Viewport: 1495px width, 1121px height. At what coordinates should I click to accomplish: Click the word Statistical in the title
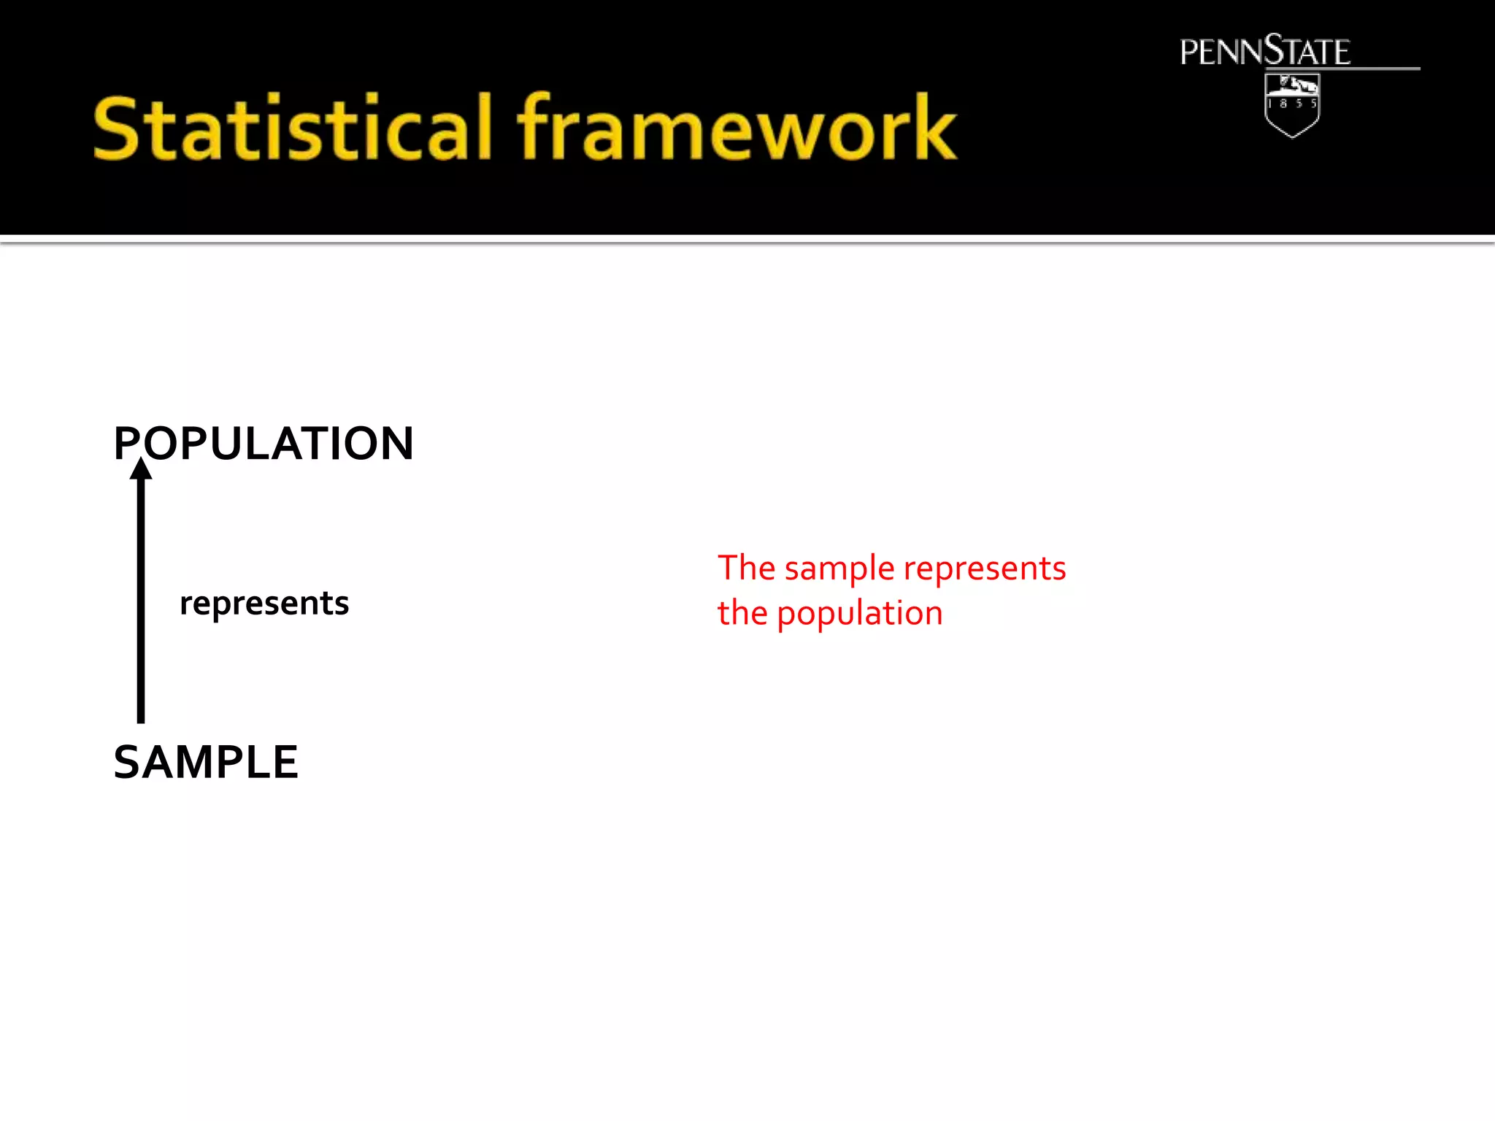(x=292, y=129)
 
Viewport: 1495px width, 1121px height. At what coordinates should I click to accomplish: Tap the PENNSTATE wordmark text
(x=1264, y=52)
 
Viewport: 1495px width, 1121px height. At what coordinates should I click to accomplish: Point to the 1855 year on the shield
(x=1292, y=104)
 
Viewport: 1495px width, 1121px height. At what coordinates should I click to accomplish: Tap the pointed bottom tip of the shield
(x=1292, y=136)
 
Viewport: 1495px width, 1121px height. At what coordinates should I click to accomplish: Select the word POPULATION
(x=264, y=444)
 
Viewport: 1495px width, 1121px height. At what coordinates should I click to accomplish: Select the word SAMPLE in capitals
(x=206, y=763)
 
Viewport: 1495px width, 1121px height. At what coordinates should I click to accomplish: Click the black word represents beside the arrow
(x=264, y=604)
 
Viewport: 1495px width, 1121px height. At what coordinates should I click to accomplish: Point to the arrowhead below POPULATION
(x=141, y=469)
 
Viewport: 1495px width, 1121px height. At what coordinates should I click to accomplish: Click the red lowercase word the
(x=742, y=613)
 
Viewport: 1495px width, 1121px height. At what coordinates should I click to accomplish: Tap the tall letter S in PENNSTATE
(x=1274, y=50)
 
